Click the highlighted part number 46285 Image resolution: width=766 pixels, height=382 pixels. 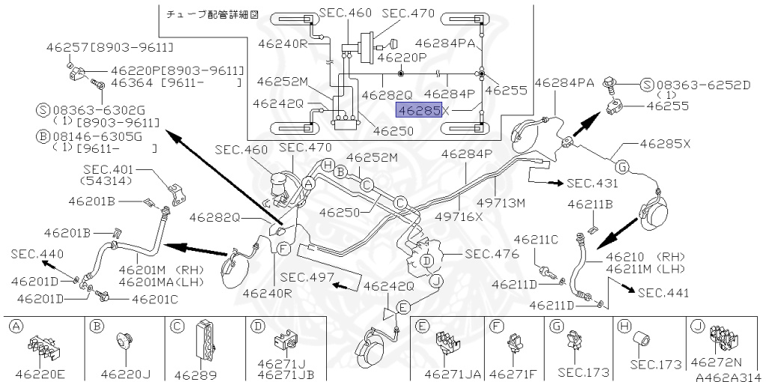click(419, 110)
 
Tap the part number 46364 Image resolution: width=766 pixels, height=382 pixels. click(132, 82)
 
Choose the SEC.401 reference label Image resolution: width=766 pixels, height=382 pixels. click(107, 169)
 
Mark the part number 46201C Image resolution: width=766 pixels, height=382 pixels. click(156, 299)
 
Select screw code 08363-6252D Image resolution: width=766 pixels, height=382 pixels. click(704, 85)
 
